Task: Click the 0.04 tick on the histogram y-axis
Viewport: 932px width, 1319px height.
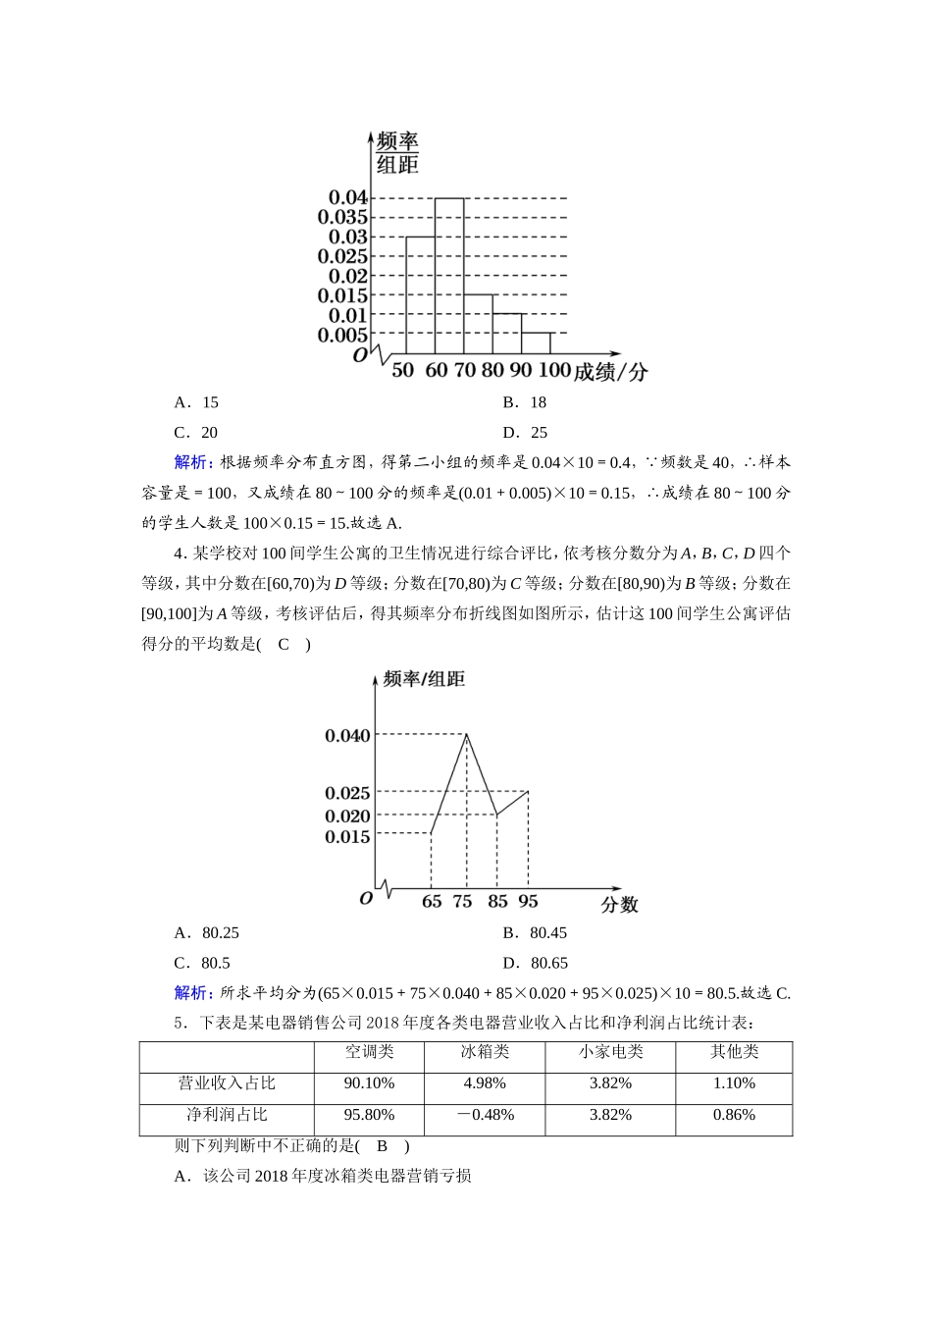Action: (347, 198)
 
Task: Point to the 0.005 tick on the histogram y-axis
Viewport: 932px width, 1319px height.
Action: (342, 335)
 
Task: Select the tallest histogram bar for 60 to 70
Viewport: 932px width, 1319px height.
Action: (449, 275)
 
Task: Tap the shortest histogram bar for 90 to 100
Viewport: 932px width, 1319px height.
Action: (536, 343)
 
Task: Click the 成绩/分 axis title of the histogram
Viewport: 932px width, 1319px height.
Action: (610, 372)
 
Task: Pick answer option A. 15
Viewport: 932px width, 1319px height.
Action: (196, 402)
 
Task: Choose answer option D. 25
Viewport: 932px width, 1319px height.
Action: (526, 433)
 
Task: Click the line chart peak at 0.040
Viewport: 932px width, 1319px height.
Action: (466, 734)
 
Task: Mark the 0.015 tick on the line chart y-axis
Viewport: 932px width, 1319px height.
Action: (347, 837)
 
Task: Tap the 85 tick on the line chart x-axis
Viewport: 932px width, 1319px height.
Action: (497, 902)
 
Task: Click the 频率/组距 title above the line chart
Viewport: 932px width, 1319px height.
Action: (424, 679)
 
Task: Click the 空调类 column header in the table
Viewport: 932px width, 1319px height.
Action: (369, 1052)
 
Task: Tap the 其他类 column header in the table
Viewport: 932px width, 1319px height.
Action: (734, 1052)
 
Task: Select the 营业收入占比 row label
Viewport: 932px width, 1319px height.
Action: (227, 1083)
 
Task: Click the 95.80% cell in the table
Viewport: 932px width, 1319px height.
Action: (369, 1115)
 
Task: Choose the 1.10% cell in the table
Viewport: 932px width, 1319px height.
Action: (734, 1083)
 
